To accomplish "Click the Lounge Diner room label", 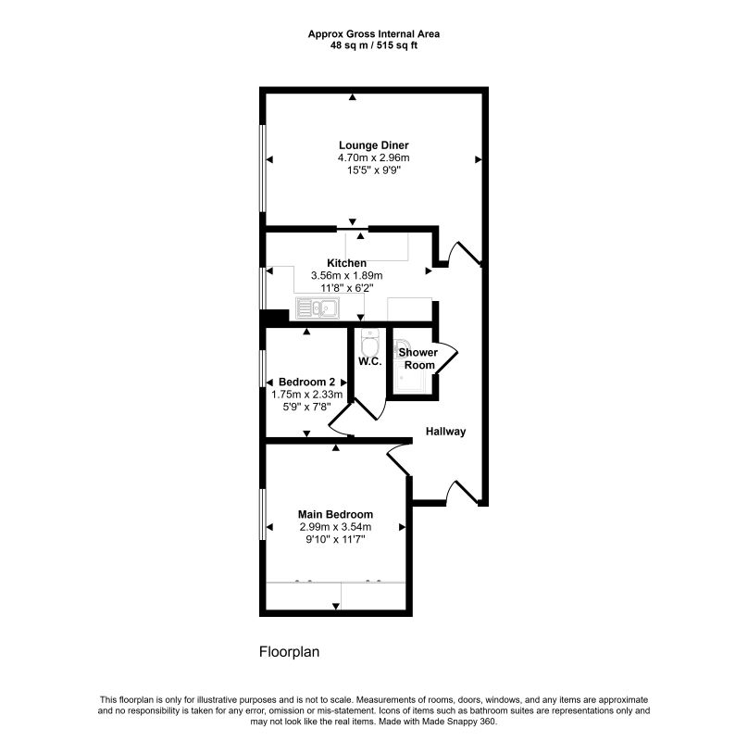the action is pyautogui.click(x=373, y=145).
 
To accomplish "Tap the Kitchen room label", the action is pyautogui.click(x=347, y=263).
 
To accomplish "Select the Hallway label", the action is pyautogui.click(x=445, y=432).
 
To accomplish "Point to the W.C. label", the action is pyautogui.click(x=370, y=361).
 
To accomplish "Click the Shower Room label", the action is pyautogui.click(x=418, y=358).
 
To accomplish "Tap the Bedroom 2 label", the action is pyautogui.click(x=306, y=382).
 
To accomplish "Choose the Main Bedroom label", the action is pyautogui.click(x=335, y=514).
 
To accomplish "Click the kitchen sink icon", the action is pyautogui.click(x=318, y=308).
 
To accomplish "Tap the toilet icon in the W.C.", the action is pyautogui.click(x=370, y=342).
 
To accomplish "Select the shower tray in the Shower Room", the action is pyautogui.click(x=410, y=376).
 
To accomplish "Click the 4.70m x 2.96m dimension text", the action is pyautogui.click(x=373, y=158).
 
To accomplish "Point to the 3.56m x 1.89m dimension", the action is pyautogui.click(x=347, y=275).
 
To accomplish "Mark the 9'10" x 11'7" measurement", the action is pyautogui.click(x=335, y=539).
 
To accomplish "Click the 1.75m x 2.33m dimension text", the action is pyautogui.click(x=306, y=395).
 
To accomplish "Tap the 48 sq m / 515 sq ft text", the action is pyautogui.click(x=374, y=45).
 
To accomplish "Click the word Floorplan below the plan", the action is pyautogui.click(x=289, y=652).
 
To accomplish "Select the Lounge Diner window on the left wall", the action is pyautogui.click(x=262, y=168).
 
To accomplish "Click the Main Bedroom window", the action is pyautogui.click(x=262, y=514).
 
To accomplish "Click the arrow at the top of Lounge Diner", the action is pyautogui.click(x=352, y=97).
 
